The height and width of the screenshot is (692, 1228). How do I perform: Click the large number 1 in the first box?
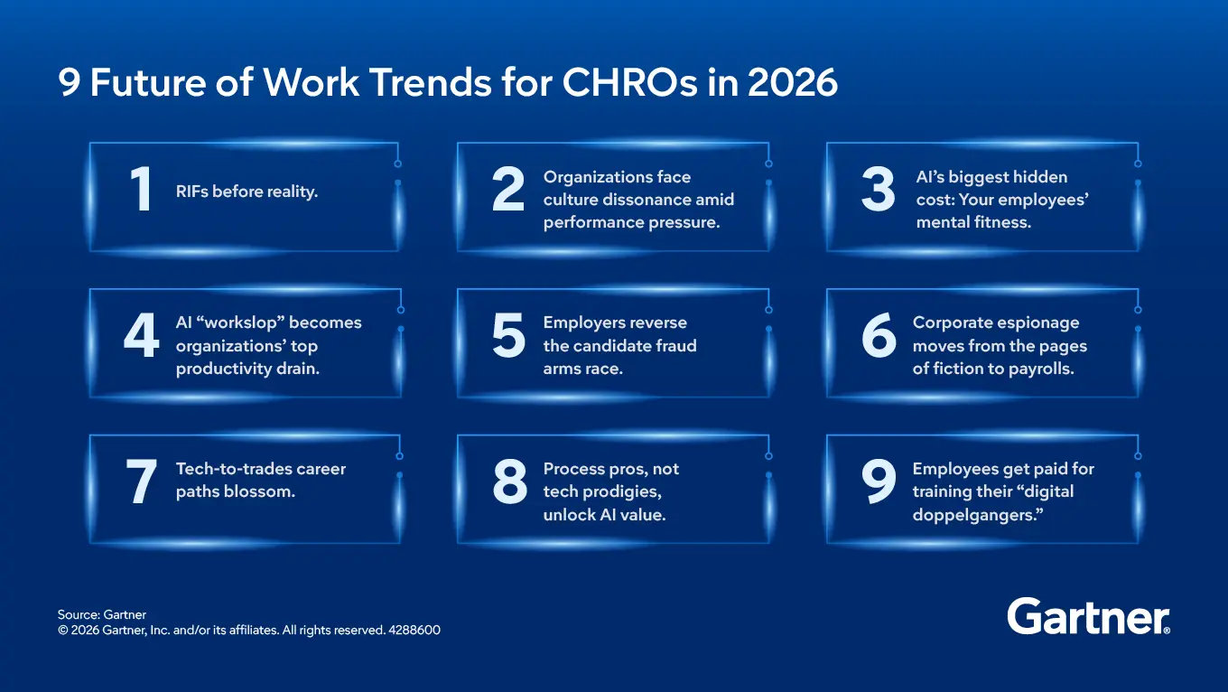point(141,191)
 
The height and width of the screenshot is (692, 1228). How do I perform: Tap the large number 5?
point(508,336)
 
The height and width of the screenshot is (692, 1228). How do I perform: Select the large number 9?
point(878,482)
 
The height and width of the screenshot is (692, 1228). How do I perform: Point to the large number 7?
point(141,482)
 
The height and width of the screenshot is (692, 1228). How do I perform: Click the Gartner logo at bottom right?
point(1088,617)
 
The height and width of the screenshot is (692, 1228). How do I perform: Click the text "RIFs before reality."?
point(247,192)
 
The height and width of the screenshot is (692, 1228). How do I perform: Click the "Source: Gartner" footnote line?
point(102,614)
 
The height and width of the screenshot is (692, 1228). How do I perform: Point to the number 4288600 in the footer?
point(415,631)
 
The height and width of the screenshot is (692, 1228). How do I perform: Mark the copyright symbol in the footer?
point(63,631)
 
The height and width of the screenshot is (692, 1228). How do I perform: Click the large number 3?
point(878,191)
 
